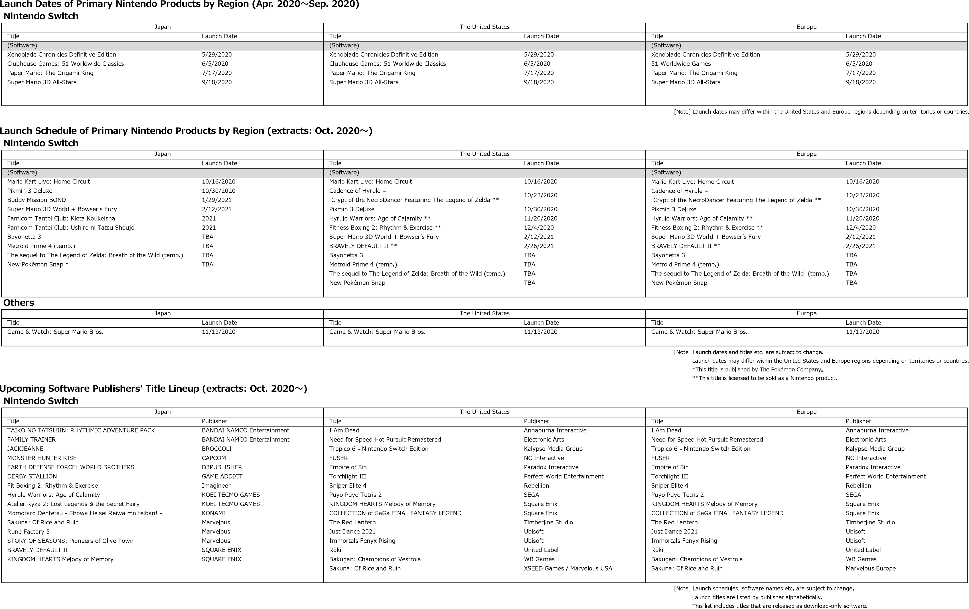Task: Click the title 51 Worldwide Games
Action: coord(681,64)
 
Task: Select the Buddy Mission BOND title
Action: coord(37,200)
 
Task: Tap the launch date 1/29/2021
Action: coord(217,200)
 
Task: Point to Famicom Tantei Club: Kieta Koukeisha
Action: coord(61,219)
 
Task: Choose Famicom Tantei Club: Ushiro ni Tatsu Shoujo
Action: coord(71,228)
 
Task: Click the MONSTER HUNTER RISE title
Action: coord(42,458)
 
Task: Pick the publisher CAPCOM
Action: coord(214,458)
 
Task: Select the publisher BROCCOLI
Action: coord(217,449)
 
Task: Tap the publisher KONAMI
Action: coord(213,513)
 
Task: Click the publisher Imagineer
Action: coord(216,486)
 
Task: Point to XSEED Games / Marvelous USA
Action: coord(568,568)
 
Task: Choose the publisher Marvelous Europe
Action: coord(870,568)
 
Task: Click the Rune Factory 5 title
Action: coord(28,532)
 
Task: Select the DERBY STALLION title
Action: coord(32,477)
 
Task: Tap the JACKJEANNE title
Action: coord(25,449)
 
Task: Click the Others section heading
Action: coord(19,303)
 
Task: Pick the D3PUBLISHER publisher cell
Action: coord(222,467)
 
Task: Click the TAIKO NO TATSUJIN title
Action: coord(81,430)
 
